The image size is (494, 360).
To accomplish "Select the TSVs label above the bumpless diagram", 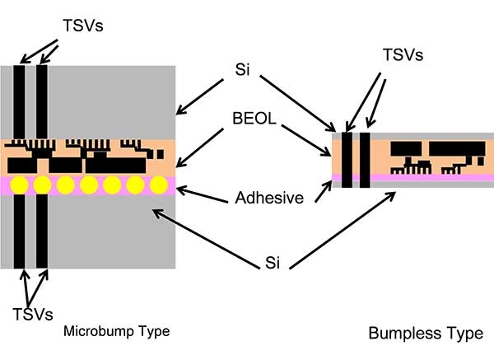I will (x=403, y=55).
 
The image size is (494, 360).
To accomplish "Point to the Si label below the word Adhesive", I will (x=272, y=263).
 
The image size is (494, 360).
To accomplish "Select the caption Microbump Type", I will (x=116, y=332).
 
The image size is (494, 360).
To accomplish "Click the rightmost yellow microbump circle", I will (x=160, y=184).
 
